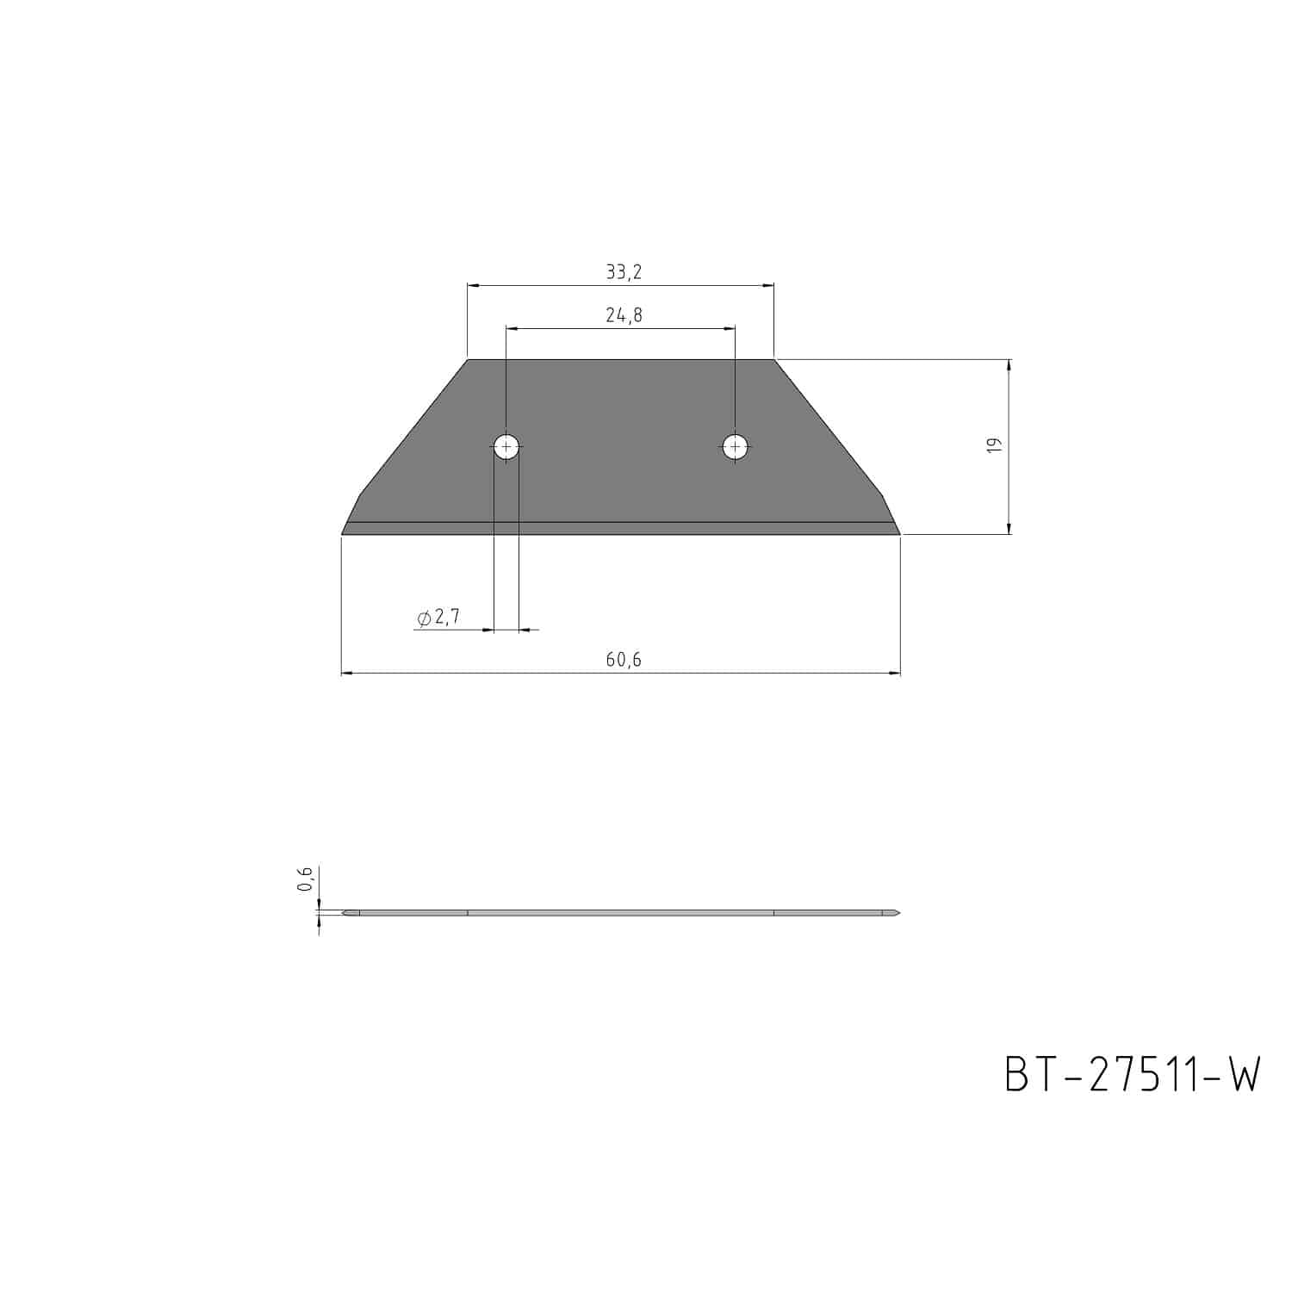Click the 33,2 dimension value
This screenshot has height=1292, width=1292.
624,272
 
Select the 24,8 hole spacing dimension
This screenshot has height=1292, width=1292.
624,315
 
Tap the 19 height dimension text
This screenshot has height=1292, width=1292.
993,445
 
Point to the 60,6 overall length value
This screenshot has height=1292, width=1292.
624,660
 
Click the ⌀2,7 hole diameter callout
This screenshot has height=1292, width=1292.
438,617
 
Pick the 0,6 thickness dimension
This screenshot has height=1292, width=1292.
304,879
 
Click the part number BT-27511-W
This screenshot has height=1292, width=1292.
1133,1075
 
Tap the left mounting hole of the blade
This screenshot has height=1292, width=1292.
506,446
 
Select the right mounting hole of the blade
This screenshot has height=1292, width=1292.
735,446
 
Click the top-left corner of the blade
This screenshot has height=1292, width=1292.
468,359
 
